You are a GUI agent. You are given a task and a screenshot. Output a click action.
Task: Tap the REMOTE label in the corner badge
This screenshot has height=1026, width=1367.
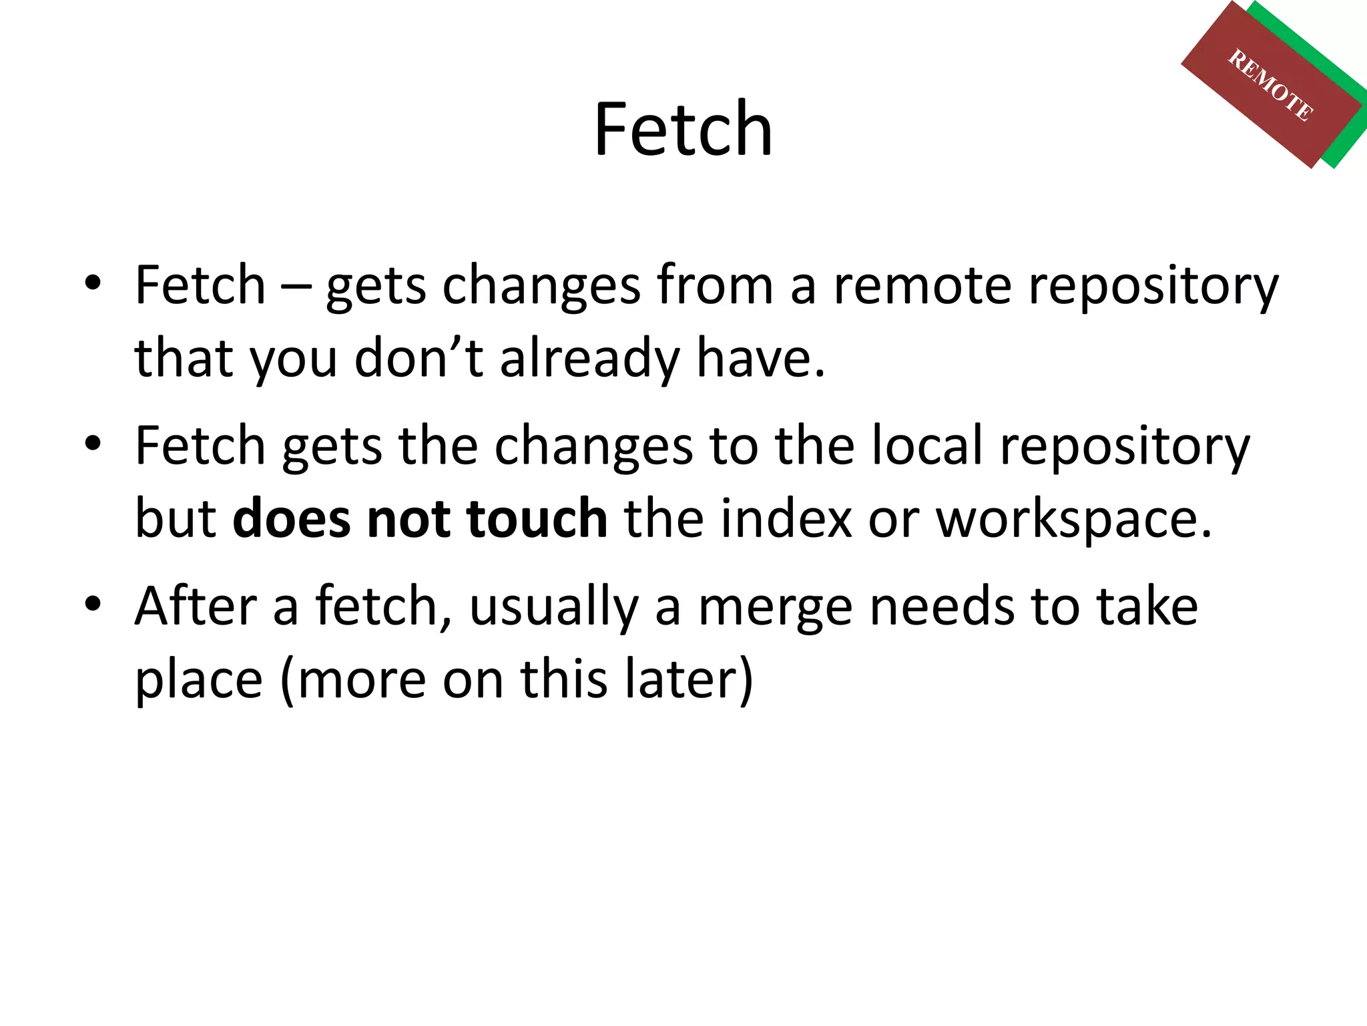1270,85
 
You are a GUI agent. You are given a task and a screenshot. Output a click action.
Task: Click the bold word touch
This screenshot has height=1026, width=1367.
537,518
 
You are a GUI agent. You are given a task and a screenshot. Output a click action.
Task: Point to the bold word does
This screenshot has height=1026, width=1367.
291,518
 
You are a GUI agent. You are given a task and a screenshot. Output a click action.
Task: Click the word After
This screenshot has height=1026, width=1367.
196,606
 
